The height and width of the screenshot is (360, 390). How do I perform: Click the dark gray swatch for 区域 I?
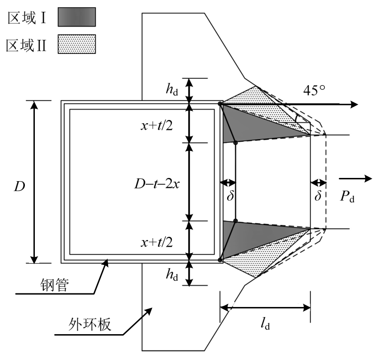coord(76,18)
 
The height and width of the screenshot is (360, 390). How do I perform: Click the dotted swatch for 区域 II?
coord(76,45)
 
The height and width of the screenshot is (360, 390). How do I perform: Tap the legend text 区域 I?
coord(27,18)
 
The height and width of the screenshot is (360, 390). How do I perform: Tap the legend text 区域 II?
coord(27,45)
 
